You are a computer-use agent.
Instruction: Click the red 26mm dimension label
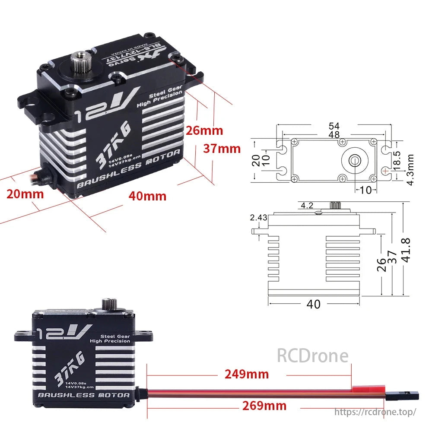[x=204, y=130]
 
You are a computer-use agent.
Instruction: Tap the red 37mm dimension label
[x=222, y=149]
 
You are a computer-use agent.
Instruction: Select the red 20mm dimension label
[x=25, y=194]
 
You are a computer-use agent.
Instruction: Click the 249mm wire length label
[x=246, y=374]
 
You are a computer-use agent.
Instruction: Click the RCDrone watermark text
[x=312, y=356]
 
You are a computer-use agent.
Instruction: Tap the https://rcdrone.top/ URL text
[x=375, y=412]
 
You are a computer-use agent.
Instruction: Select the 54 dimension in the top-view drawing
[x=334, y=126]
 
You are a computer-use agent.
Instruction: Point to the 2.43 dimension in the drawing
[x=258, y=218]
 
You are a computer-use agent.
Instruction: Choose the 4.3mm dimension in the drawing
[x=410, y=170]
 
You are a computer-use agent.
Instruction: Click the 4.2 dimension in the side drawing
[x=307, y=206]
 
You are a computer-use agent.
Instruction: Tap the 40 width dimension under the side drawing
[x=314, y=304]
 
